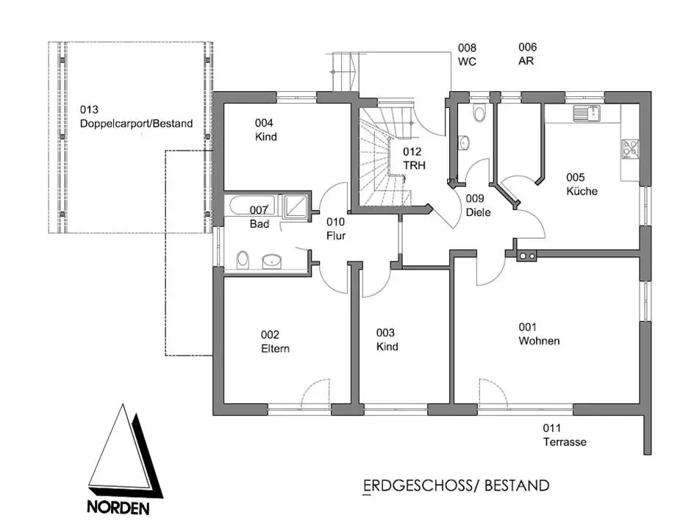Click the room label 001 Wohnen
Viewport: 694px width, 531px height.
click(539, 334)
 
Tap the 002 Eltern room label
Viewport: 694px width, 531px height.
click(274, 342)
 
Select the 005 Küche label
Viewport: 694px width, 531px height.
click(581, 184)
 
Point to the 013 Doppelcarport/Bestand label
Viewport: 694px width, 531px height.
click(136, 117)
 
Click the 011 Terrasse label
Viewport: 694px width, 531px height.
click(565, 435)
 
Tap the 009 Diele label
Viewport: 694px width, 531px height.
click(479, 205)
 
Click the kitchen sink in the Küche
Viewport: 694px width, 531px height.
click(587, 113)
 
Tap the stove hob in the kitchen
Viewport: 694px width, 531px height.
click(630, 148)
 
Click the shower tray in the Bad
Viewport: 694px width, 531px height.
click(296, 206)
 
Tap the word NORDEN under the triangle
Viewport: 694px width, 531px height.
click(118, 507)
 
